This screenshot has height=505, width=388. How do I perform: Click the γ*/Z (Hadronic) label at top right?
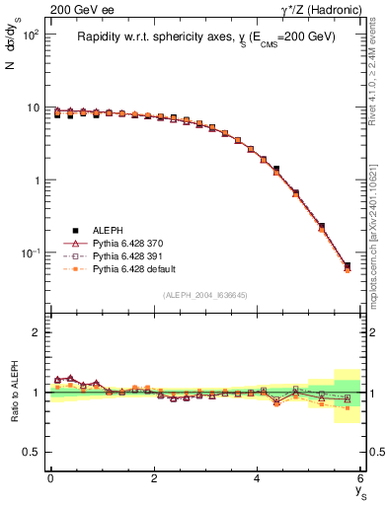click(x=322, y=10)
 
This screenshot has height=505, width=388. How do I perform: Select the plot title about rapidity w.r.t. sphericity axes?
click(x=206, y=36)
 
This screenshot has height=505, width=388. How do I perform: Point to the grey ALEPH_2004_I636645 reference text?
click(x=206, y=295)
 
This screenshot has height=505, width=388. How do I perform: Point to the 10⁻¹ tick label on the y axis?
click(x=29, y=253)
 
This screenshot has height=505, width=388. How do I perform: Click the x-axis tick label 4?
click(x=257, y=478)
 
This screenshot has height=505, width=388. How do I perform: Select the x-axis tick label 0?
click(x=50, y=478)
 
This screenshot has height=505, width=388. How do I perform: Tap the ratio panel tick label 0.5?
click(x=33, y=452)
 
